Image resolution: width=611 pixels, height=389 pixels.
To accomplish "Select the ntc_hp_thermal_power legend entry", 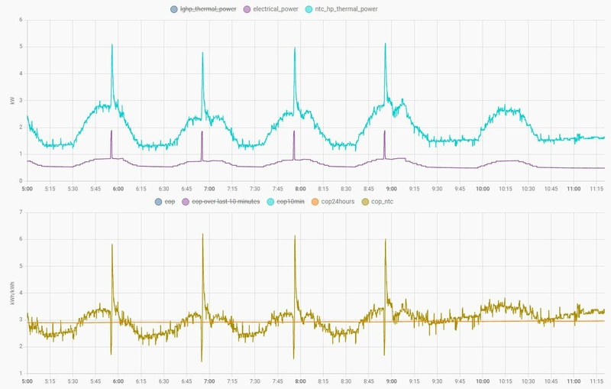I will pyautogui.click(x=341, y=9).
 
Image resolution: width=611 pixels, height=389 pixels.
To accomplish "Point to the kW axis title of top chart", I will pyautogui.click(x=11, y=101).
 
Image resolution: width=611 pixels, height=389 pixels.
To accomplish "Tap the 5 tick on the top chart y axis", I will pyautogui.click(x=22, y=47).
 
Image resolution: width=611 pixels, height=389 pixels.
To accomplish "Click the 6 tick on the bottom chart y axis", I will pyautogui.click(x=22, y=240).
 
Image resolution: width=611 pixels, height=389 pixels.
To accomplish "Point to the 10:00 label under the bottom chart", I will pyautogui.click(x=483, y=381).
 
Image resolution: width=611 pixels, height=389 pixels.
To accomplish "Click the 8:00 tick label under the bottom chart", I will pyautogui.click(x=300, y=381).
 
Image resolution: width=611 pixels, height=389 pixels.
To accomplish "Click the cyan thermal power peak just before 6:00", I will pyautogui.click(x=112, y=45).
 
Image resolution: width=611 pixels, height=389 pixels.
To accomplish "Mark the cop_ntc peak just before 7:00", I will pyautogui.click(x=202, y=235).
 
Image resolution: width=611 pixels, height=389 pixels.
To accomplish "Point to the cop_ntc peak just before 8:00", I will pyautogui.click(x=295, y=237).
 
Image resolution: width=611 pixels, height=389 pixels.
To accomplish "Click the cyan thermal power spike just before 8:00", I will pyautogui.click(x=295, y=50).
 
